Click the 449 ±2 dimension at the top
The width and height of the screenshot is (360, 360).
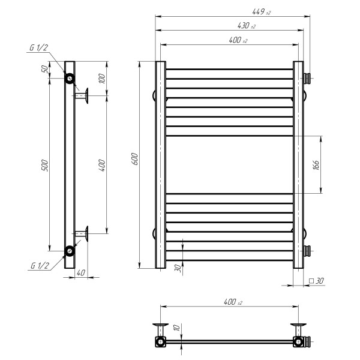point(261,12)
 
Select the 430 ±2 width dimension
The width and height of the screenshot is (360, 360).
point(247,25)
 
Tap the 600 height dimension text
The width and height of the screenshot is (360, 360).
point(135,158)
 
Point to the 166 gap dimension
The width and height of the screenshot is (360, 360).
point(316,165)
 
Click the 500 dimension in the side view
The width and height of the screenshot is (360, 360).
point(45,165)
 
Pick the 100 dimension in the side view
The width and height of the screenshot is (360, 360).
point(102,79)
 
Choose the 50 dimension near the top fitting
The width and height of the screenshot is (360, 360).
point(45,69)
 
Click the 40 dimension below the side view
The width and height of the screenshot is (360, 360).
point(81,273)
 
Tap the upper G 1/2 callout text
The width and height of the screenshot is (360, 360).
point(39,47)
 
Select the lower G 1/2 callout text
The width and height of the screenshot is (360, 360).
point(40,266)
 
